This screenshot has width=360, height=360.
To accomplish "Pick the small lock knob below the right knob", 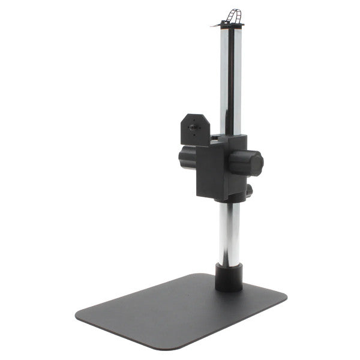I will pyautogui.click(x=248, y=191).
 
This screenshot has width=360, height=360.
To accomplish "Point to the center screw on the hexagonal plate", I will pyautogui.click(x=193, y=127).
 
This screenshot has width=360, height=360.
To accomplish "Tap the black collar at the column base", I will pyautogui.click(x=229, y=277).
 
